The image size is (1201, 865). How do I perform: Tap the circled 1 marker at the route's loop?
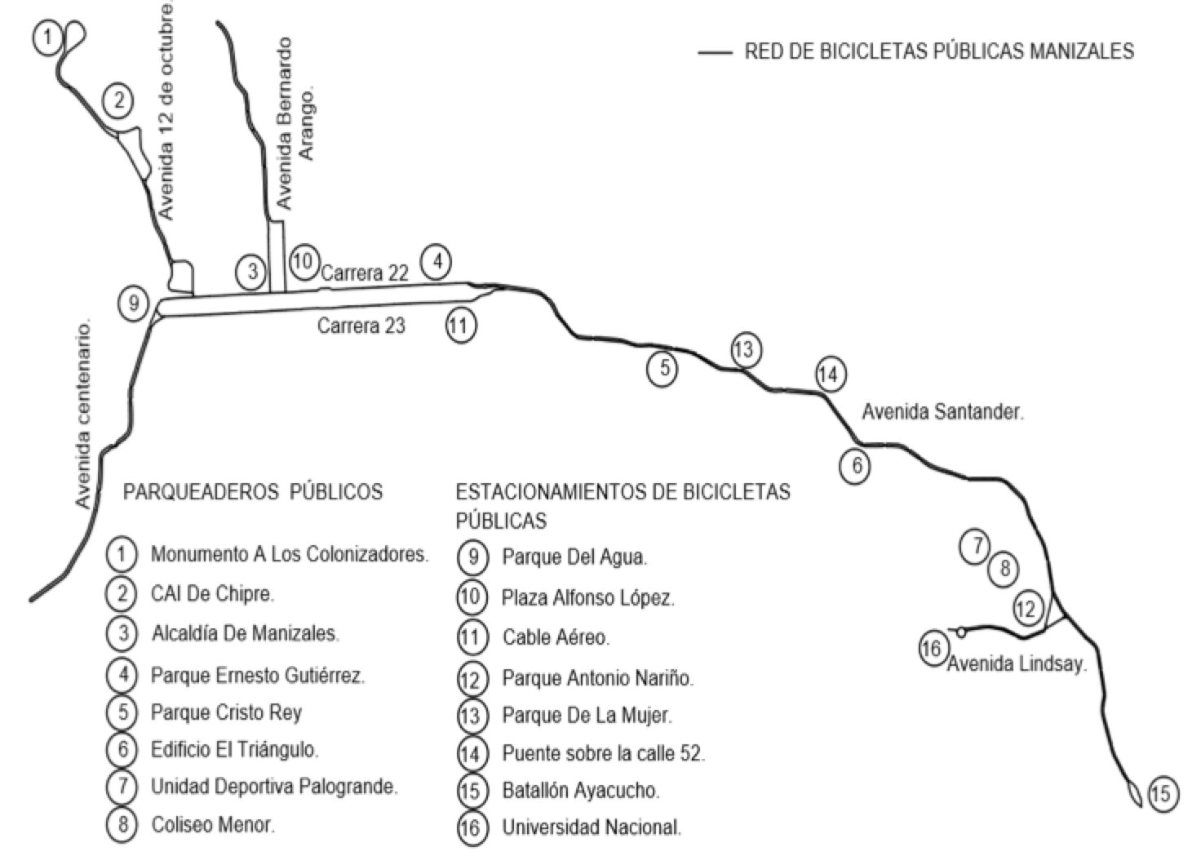click(48, 38)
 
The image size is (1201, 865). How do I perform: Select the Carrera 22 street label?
click(365, 273)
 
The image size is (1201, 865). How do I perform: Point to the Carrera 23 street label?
click(361, 326)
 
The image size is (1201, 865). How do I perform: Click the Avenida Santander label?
click(942, 411)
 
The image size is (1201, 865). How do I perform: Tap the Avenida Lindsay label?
click(1017, 664)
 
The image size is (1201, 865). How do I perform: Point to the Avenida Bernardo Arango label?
click(295, 123)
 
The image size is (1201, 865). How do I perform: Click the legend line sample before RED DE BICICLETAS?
click(715, 52)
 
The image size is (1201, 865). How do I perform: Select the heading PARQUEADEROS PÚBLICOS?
click(253, 492)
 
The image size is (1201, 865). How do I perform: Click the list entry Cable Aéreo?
click(556, 637)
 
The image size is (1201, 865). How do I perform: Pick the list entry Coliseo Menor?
click(213, 825)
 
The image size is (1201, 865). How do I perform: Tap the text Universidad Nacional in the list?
click(592, 827)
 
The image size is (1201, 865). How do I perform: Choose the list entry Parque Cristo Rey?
click(226, 712)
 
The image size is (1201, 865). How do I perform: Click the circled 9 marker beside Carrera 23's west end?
click(133, 304)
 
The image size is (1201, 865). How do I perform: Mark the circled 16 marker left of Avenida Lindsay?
click(932, 649)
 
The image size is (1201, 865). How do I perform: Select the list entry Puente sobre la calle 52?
click(603, 753)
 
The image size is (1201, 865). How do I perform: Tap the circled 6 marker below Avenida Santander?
click(854, 466)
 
